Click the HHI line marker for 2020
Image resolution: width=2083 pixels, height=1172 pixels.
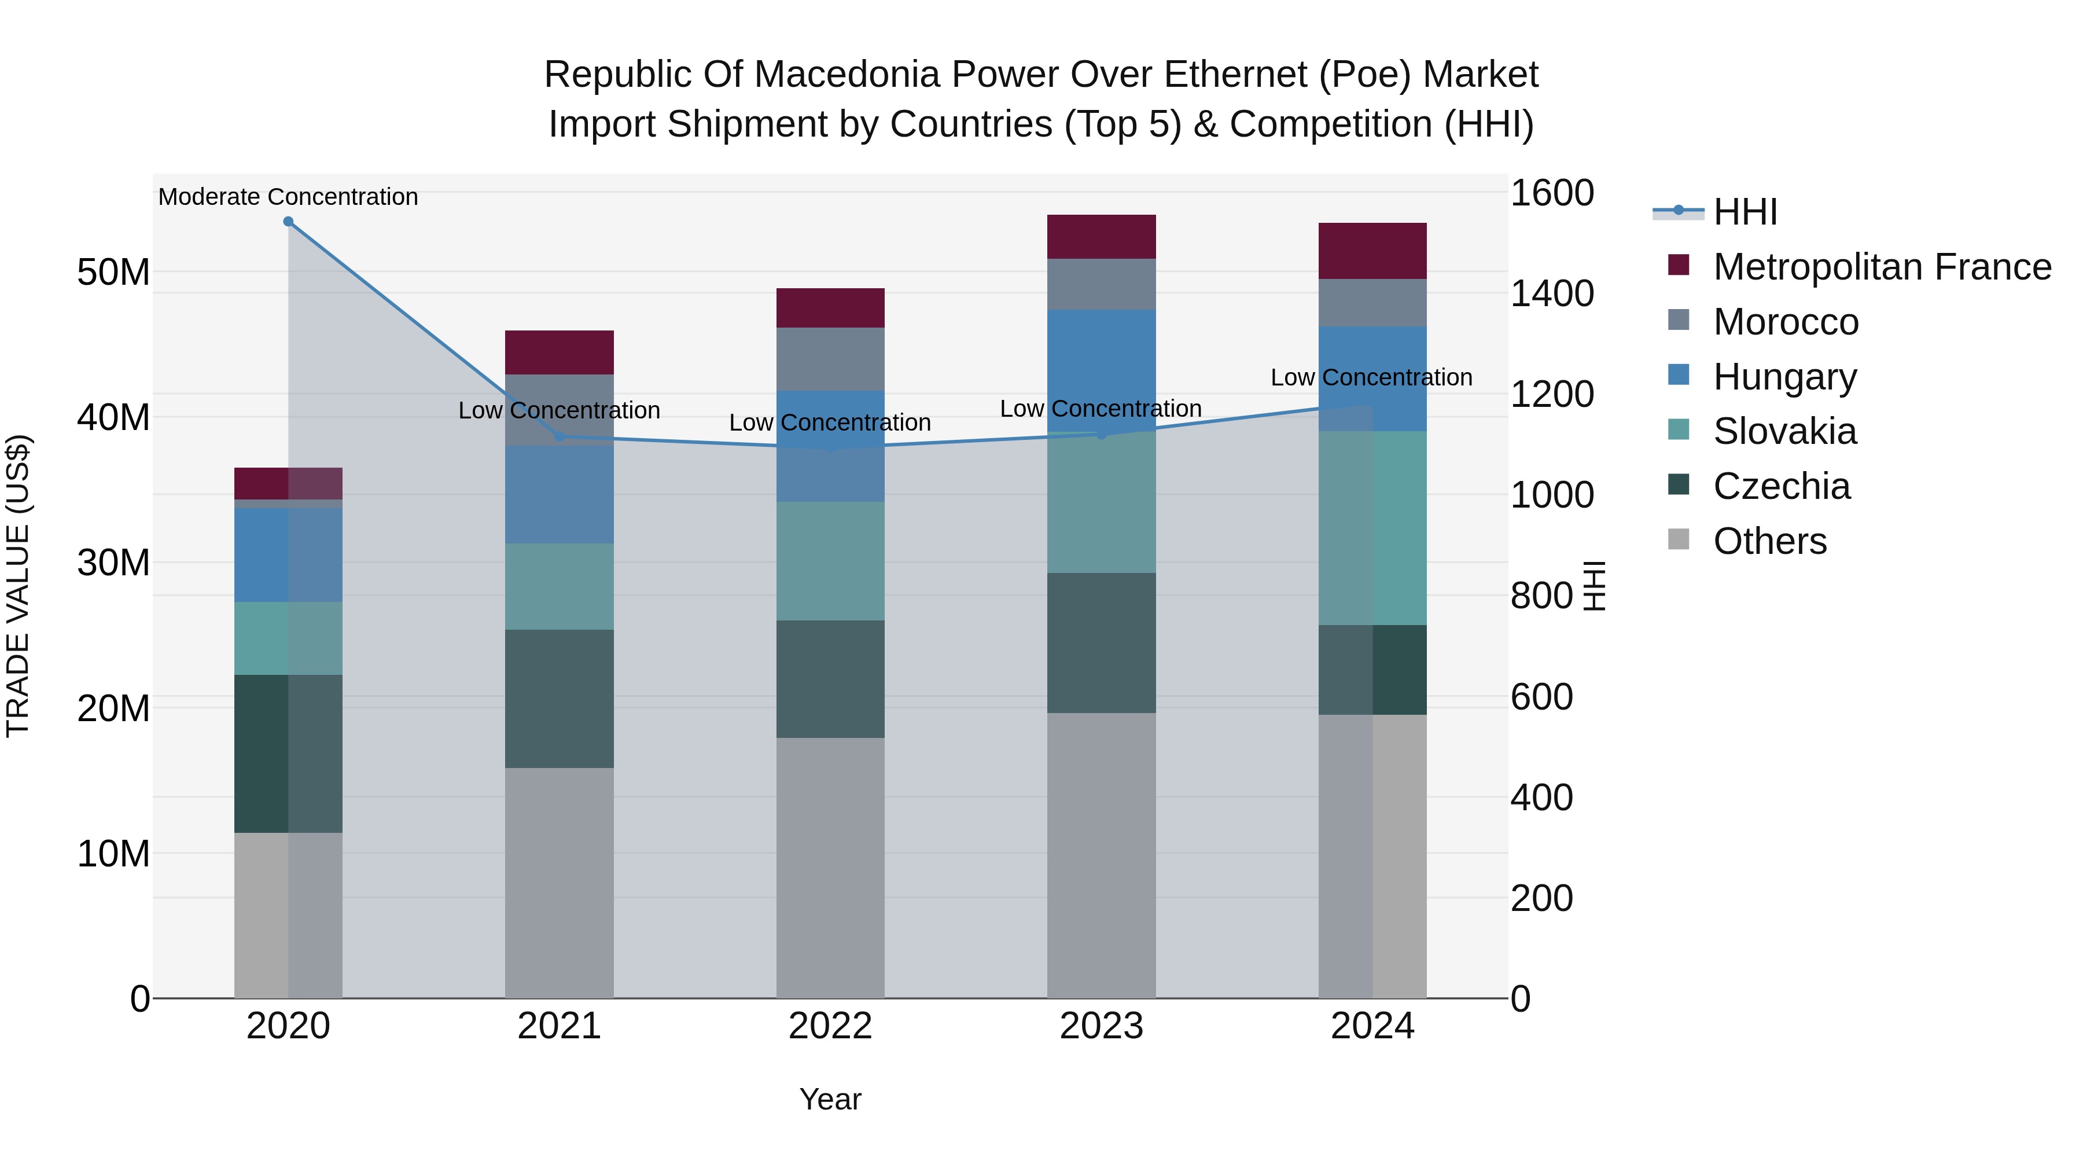pos(288,222)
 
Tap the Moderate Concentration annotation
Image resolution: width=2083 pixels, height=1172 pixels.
pos(288,197)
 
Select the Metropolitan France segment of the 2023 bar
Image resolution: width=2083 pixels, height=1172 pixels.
pos(1101,237)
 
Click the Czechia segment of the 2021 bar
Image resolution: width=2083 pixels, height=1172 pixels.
pos(559,698)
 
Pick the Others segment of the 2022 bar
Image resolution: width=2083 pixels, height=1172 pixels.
pos(830,867)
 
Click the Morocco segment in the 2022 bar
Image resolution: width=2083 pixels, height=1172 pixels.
pos(830,359)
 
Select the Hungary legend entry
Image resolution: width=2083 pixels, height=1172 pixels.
pos(1784,377)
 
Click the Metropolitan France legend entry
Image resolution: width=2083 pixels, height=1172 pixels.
pos(1881,267)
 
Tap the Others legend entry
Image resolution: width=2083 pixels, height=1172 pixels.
pos(1769,541)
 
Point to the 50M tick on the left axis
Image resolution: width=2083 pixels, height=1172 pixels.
pos(113,272)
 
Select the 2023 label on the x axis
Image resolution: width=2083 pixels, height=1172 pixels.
pos(1101,1026)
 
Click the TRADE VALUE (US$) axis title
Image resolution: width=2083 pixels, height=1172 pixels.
pos(18,586)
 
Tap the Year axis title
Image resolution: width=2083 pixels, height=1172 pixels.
pos(830,1099)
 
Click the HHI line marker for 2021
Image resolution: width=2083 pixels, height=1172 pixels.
pos(559,436)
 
